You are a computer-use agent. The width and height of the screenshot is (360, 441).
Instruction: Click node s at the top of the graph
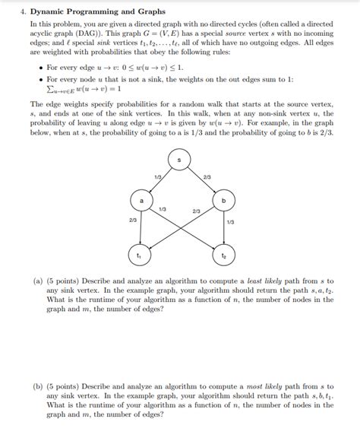point(179,160)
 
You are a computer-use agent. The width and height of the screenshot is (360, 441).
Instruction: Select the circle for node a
point(141,201)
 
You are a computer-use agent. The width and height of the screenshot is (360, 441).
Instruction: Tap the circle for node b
point(223,201)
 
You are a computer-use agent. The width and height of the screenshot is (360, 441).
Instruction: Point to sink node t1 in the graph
point(139,256)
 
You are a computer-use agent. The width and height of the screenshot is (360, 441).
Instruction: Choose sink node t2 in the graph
point(223,256)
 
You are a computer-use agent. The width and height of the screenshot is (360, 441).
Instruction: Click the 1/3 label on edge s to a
point(157,176)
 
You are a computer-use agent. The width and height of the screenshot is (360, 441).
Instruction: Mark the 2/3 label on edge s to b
point(207,176)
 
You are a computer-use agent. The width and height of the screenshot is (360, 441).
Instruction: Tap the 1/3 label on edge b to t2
point(230,222)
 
